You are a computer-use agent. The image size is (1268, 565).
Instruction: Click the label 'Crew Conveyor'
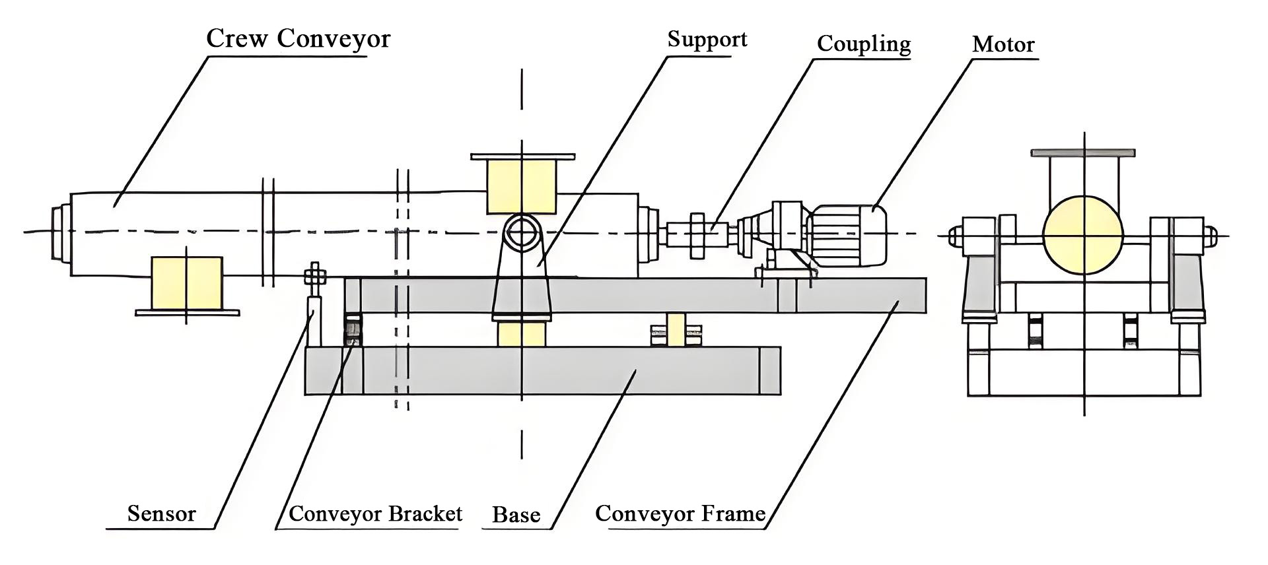pyautogui.click(x=298, y=39)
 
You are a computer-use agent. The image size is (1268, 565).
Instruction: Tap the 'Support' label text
pyautogui.click(x=707, y=40)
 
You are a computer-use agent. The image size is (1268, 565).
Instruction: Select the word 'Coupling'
pyautogui.click(x=863, y=44)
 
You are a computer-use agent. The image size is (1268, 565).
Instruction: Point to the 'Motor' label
pyautogui.click(x=1003, y=45)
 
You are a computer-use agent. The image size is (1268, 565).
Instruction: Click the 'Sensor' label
pyautogui.click(x=161, y=514)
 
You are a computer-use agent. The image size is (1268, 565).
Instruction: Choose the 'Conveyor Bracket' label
pyautogui.click(x=375, y=514)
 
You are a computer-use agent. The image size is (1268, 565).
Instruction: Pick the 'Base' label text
pyautogui.click(x=516, y=515)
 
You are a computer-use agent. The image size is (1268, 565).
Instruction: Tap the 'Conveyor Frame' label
pyautogui.click(x=680, y=514)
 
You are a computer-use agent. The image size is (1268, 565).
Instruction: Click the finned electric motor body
pyautogui.click(x=849, y=232)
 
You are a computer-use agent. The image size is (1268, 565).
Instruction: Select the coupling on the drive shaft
pyautogui.click(x=699, y=234)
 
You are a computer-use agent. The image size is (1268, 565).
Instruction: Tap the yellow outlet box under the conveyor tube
pyautogui.click(x=187, y=283)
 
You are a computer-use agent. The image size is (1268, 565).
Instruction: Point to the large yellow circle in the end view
pyautogui.click(x=1083, y=235)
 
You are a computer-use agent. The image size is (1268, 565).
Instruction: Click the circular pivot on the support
pyautogui.click(x=522, y=233)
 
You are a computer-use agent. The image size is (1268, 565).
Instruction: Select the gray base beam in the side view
pyautogui.click(x=542, y=371)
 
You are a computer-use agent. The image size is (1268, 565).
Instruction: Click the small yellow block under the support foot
pyautogui.click(x=521, y=334)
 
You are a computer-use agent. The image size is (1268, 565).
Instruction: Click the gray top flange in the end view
pyautogui.click(x=1083, y=153)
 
